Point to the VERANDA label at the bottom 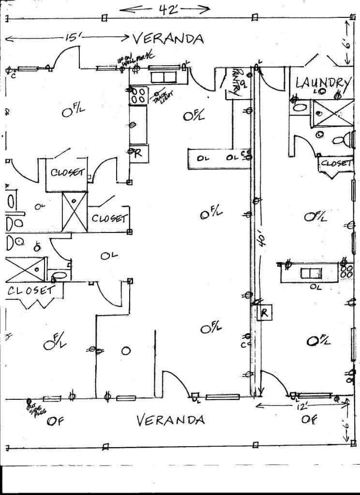point(170,420)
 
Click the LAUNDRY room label point(322,83)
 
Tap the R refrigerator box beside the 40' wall point(265,313)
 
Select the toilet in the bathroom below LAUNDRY point(342,140)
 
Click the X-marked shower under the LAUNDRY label point(331,113)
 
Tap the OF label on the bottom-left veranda point(55,421)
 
